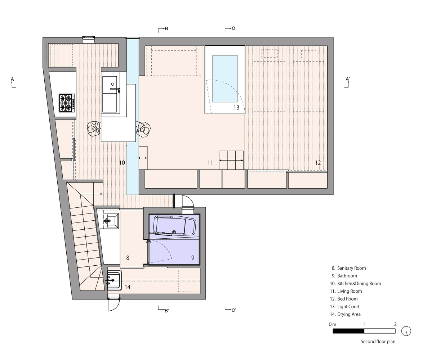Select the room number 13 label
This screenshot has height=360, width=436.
236,107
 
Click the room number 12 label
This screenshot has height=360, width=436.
317,163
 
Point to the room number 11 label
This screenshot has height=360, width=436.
210,163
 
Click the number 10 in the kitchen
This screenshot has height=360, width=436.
122,163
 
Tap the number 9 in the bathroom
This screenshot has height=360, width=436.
192,257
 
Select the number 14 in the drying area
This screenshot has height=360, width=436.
128,287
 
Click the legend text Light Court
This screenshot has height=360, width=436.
348,306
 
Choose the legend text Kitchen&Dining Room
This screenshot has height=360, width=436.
359,283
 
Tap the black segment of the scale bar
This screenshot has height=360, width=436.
348,331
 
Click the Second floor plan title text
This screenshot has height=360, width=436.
378,342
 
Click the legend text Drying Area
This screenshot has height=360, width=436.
349,314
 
